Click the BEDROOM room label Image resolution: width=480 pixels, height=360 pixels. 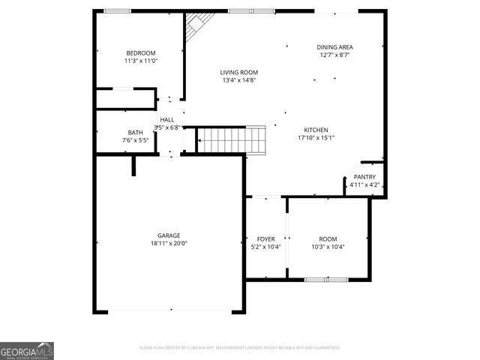pyautogui.click(x=140, y=52)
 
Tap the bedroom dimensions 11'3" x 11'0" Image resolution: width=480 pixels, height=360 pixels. pyautogui.click(x=140, y=61)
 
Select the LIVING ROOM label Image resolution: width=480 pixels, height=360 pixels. pyautogui.click(x=238, y=72)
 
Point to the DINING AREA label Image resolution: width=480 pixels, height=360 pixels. pyautogui.click(x=334, y=46)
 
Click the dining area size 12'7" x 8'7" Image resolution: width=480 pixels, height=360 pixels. pyautogui.click(x=334, y=55)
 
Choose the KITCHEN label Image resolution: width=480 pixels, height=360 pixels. pyautogui.click(x=316, y=129)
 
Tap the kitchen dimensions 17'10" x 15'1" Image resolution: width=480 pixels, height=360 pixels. pyautogui.click(x=316, y=137)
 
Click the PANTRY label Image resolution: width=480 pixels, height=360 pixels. pyautogui.click(x=364, y=177)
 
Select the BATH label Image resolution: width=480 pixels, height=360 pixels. pyautogui.click(x=135, y=132)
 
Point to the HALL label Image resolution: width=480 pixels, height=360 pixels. pyautogui.click(x=167, y=119)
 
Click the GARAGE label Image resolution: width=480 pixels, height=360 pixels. pyautogui.click(x=168, y=235)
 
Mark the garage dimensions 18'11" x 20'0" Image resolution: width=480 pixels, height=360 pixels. pyautogui.click(x=168, y=244)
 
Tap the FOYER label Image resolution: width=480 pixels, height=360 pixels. pyautogui.click(x=265, y=238)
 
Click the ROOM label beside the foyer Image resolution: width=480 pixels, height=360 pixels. pyautogui.click(x=328, y=238)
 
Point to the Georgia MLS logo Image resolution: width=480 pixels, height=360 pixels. pyautogui.click(x=27, y=350)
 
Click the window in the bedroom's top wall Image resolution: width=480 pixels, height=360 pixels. pyautogui.click(x=116, y=10)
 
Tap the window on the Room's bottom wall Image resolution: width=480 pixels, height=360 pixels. pyautogui.click(x=326, y=280)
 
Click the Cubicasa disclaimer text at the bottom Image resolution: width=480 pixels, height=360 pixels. pyautogui.click(x=240, y=348)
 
